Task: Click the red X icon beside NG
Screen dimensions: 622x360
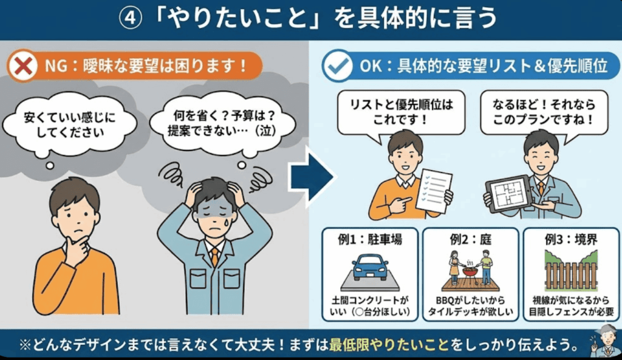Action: point(23,66)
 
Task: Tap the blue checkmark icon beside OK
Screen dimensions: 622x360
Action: point(338,66)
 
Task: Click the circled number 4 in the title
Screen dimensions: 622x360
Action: point(131,18)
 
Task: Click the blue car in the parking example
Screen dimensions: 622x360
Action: point(370,267)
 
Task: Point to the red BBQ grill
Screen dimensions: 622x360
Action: point(471,274)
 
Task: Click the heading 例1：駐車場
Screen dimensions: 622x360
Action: point(370,239)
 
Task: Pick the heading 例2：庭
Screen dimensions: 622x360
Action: point(471,239)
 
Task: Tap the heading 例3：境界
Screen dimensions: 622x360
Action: point(571,239)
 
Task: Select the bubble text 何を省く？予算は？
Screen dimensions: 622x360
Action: point(225,116)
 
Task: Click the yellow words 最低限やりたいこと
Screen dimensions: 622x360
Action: point(389,345)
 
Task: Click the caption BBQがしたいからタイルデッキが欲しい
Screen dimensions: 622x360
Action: point(471,306)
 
